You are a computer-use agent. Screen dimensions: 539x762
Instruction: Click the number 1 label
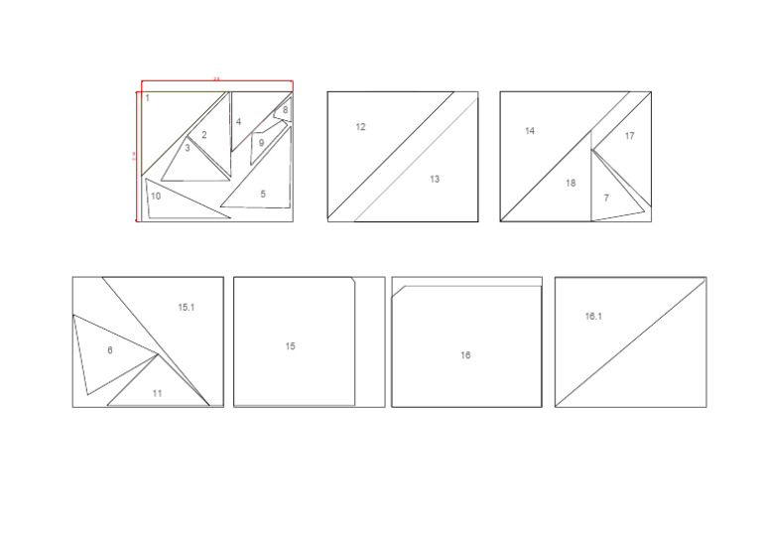pyautogui.click(x=147, y=98)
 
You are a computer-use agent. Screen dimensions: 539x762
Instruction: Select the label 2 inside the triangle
pyautogui.click(x=204, y=135)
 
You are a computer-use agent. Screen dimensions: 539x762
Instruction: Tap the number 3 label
pyautogui.click(x=188, y=148)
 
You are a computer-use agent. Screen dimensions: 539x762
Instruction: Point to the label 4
pyautogui.click(x=238, y=122)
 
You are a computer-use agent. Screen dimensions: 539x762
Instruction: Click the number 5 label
pyautogui.click(x=263, y=195)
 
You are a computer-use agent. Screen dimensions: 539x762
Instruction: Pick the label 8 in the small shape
pyautogui.click(x=285, y=110)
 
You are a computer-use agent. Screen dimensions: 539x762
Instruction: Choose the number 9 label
pyautogui.click(x=261, y=143)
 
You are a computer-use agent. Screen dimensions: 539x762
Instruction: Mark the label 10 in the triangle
pyautogui.click(x=157, y=196)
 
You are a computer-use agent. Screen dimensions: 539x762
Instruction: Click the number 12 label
pyautogui.click(x=360, y=127)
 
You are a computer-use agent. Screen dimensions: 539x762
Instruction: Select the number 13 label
pyautogui.click(x=435, y=180)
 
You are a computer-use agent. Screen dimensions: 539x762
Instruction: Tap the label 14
pyautogui.click(x=530, y=131)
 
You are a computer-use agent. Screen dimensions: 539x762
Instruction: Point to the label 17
pyautogui.click(x=629, y=136)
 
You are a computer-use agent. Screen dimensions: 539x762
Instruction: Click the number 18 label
pyautogui.click(x=571, y=183)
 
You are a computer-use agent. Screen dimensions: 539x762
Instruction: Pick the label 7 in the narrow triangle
pyautogui.click(x=606, y=199)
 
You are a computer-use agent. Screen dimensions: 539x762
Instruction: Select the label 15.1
pyautogui.click(x=186, y=308)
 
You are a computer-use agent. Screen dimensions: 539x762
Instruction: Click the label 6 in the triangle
pyautogui.click(x=109, y=350)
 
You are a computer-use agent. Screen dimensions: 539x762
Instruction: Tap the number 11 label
pyautogui.click(x=157, y=393)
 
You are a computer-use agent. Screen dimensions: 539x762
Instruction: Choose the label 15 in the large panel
pyautogui.click(x=290, y=346)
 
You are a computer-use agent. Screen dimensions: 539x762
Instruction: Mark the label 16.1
pyautogui.click(x=593, y=316)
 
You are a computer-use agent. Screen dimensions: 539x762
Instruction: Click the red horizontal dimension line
pyautogui.click(x=215, y=81)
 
